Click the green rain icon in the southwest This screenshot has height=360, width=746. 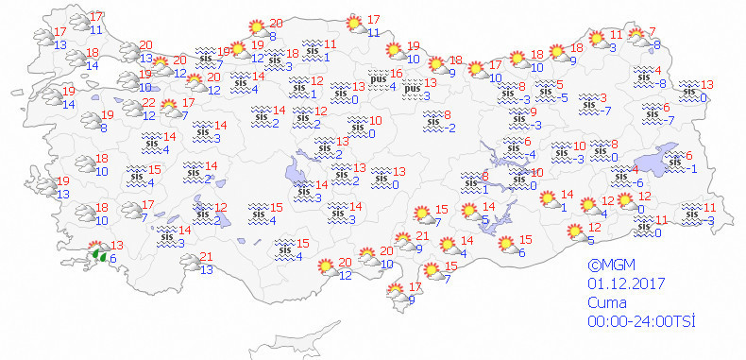96,253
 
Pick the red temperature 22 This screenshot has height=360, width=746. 148,102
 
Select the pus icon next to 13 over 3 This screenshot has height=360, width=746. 411,88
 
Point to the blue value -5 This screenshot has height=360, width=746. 561,97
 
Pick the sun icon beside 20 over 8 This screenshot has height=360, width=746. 253,28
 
